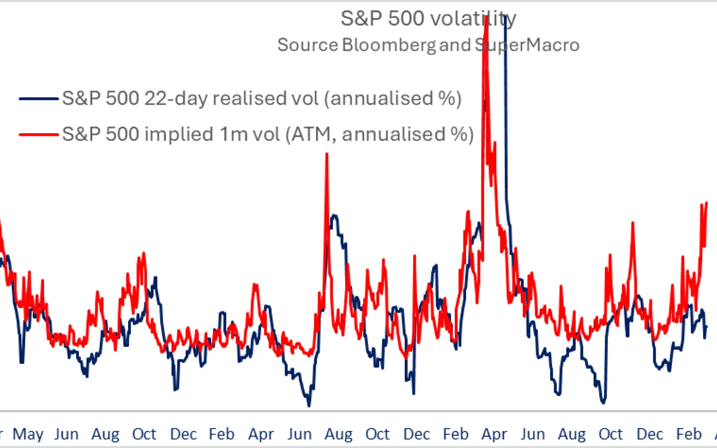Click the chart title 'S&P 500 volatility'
tap(428, 19)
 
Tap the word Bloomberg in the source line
tap(389, 45)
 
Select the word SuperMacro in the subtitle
tap(528, 45)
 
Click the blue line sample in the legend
tap(39, 98)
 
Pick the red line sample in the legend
tap(39, 134)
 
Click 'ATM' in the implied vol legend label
tap(313, 134)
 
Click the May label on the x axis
tap(28, 435)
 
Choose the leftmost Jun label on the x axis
tap(67, 435)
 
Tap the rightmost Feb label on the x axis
tap(689, 435)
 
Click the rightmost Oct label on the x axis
tap(611, 435)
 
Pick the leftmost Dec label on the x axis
tap(183, 435)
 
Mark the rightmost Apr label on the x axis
tap(494, 435)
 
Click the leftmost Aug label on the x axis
tap(105, 435)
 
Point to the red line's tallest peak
tap(486, 17)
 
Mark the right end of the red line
tap(707, 203)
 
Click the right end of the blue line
tap(707, 327)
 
